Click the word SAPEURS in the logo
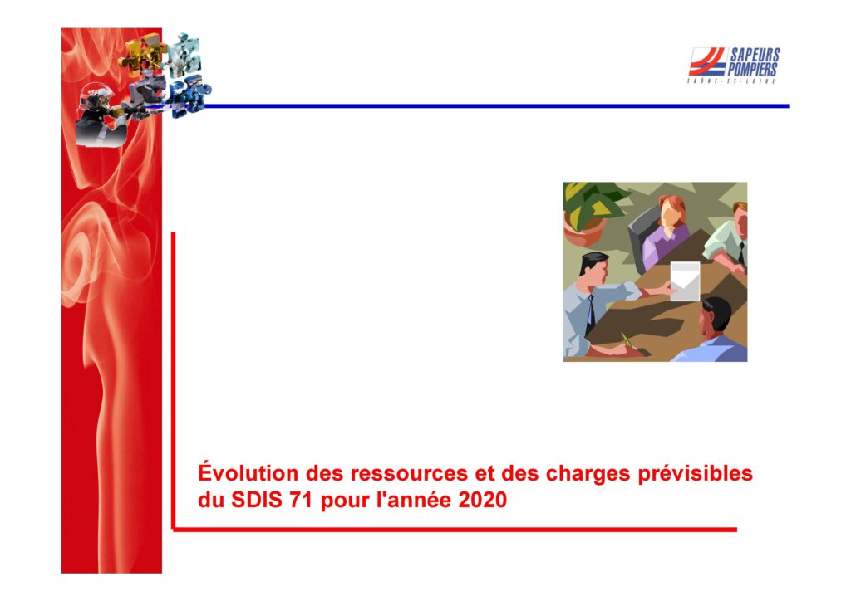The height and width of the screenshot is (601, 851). (755, 55)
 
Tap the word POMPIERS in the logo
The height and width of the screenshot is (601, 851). (752, 70)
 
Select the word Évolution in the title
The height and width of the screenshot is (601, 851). (248, 472)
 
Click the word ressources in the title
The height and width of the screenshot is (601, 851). (409, 474)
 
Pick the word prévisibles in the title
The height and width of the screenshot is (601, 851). (696, 474)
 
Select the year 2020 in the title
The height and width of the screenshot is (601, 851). (483, 500)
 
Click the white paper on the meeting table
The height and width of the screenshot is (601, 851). (685, 281)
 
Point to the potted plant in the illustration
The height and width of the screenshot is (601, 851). (589, 212)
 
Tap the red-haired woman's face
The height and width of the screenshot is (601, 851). (671, 213)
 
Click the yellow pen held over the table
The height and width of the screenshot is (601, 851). (628, 340)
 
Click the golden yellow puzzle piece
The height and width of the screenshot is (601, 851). (139, 55)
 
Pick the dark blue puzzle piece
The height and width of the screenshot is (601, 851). (189, 96)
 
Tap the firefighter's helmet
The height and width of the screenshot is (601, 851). (96, 94)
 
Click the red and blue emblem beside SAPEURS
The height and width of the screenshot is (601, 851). (708, 61)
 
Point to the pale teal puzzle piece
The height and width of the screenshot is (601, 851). (184, 54)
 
